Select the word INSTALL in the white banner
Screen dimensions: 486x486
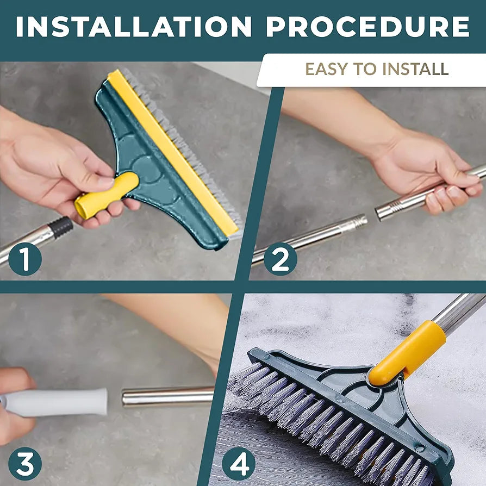pos(416,69)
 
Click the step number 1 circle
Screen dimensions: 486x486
pos(24,259)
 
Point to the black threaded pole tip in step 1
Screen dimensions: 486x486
pos(61,227)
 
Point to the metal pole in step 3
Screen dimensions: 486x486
pos(169,396)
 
